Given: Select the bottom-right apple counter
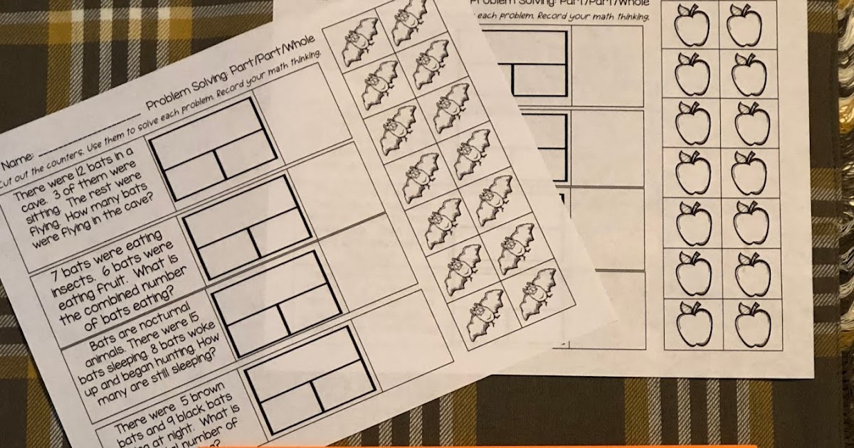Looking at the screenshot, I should coord(752,324).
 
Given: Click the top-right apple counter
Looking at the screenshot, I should coord(744,25).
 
